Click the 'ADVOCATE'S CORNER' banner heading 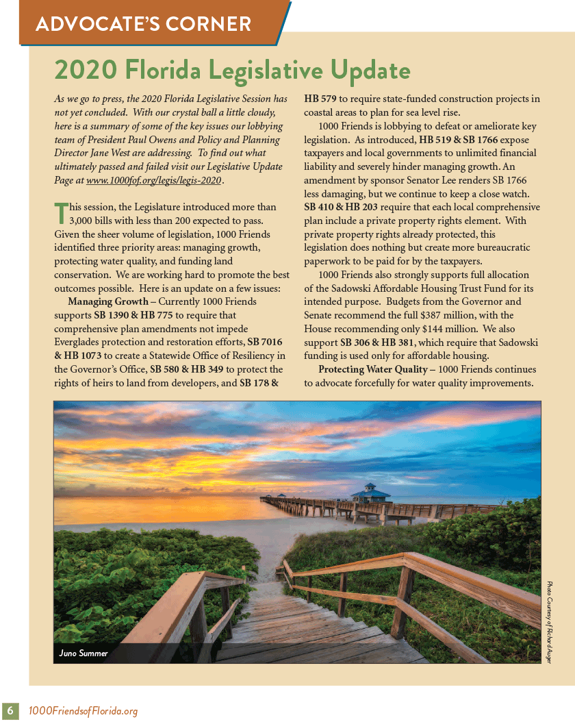pos(144,25)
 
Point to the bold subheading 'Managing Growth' pos(108,302)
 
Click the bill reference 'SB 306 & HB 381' pos(379,343)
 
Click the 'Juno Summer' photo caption pos(84,653)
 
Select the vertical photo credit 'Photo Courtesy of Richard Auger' pos(549,621)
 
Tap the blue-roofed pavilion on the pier pos(370,493)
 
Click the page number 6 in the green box pos(11,711)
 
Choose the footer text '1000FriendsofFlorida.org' pos(83,711)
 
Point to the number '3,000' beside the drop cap pos(85,221)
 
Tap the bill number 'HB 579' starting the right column pos(320,99)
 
